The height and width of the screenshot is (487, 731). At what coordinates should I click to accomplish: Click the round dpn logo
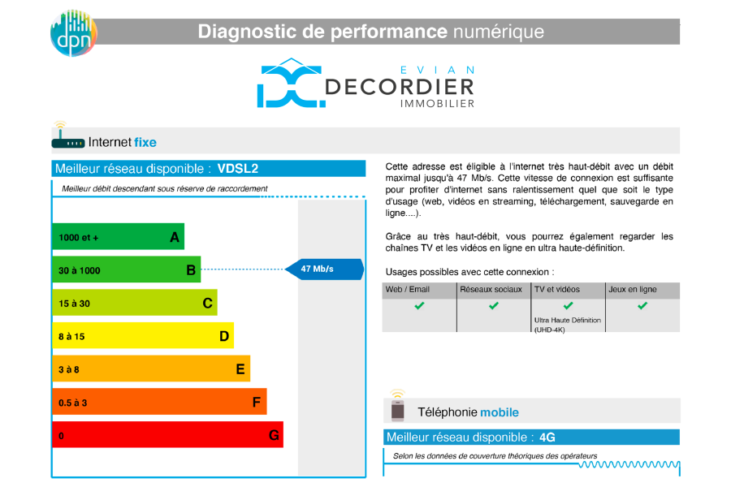coord(74,32)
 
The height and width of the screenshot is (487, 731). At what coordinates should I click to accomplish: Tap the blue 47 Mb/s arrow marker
coord(324,269)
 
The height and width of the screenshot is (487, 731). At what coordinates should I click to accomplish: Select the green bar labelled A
coord(118,236)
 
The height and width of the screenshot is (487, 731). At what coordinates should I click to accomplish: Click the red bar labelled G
coord(168,435)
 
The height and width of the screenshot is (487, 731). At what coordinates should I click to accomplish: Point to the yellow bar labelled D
coord(143,335)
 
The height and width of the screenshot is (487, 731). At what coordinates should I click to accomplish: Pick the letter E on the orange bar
coord(240,369)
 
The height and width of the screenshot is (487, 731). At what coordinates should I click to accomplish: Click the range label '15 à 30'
coord(74,304)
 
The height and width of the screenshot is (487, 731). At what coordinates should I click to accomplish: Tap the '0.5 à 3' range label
coord(73,403)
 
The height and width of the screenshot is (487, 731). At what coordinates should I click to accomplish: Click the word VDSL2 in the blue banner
coord(238,169)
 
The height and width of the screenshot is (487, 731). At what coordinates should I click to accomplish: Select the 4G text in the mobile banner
coord(547,437)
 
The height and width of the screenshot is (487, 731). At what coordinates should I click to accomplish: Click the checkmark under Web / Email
coord(420,306)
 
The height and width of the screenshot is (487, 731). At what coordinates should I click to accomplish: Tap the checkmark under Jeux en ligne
coord(642,306)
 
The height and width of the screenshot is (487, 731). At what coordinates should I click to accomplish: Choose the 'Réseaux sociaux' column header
coord(491,290)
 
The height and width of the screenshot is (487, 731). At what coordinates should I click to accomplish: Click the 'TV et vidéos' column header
coord(557,290)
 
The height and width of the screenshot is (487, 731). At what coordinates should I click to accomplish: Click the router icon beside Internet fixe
coord(67,136)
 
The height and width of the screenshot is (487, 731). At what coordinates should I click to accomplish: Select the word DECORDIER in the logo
coord(400,87)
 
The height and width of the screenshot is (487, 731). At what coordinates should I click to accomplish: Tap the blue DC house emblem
coord(292,83)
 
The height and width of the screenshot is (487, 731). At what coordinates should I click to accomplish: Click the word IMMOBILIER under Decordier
coord(437,103)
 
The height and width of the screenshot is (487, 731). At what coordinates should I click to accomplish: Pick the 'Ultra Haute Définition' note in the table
coord(568,320)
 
